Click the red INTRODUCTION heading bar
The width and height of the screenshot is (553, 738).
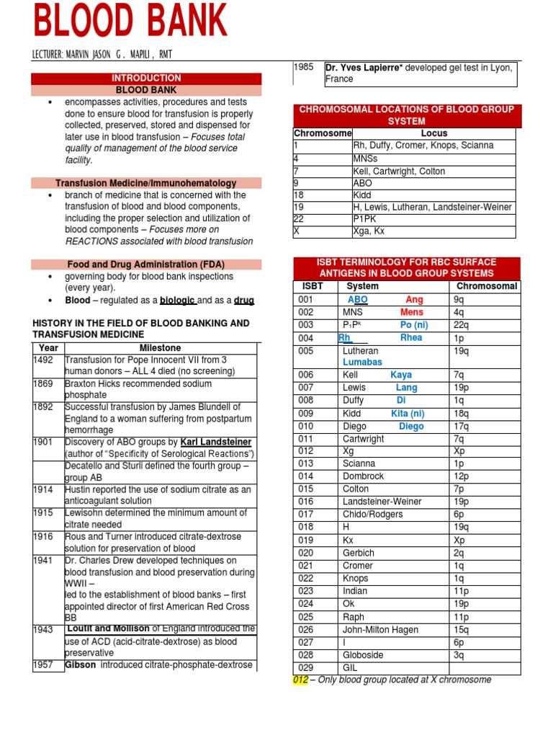coord(146,78)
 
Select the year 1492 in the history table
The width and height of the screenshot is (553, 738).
coord(43,360)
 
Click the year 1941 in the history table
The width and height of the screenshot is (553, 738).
coord(43,561)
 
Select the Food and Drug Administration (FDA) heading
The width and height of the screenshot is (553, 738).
coord(146,264)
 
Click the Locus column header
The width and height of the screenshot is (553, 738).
coord(433,133)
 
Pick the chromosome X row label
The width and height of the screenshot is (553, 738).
coord(297,231)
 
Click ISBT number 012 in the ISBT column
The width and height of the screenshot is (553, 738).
coord(306,450)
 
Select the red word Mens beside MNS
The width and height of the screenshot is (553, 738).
coord(412,313)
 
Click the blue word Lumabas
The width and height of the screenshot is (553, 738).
coord(362,362)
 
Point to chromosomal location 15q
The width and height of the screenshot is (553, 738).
coord(462,630)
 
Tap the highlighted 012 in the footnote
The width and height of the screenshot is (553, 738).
coord(300,680)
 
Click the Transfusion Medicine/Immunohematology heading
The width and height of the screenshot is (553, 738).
coord(146,183)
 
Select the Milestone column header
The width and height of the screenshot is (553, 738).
coord(160,347)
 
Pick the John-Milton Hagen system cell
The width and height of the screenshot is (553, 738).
coord(380,630)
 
